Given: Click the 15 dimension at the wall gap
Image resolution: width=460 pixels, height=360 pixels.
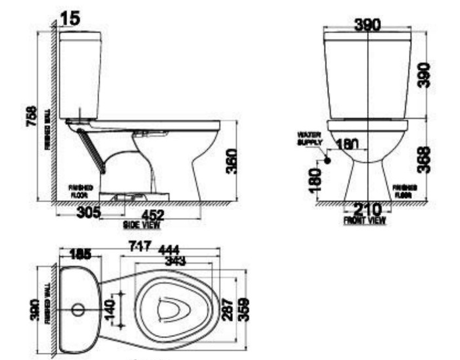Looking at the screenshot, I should point(70,19).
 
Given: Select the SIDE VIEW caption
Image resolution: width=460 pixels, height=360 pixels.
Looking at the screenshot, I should point(142,224).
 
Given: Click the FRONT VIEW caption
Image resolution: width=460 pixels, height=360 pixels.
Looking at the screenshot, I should point(365,221).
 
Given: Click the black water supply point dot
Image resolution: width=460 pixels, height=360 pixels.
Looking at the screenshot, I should point(327,159).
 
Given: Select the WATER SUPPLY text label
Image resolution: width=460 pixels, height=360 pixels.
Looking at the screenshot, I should point(311,138).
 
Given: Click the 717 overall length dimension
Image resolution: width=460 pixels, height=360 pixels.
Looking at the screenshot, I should point(141,246).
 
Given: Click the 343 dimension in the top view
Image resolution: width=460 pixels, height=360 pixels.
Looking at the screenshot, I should point(174,261).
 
